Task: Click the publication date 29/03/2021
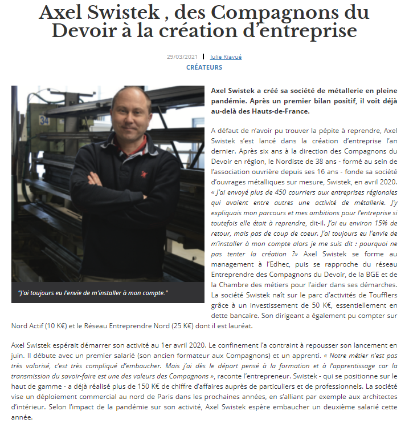[182, 57]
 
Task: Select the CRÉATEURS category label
[204, 67]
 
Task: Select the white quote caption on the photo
[94, 293]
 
